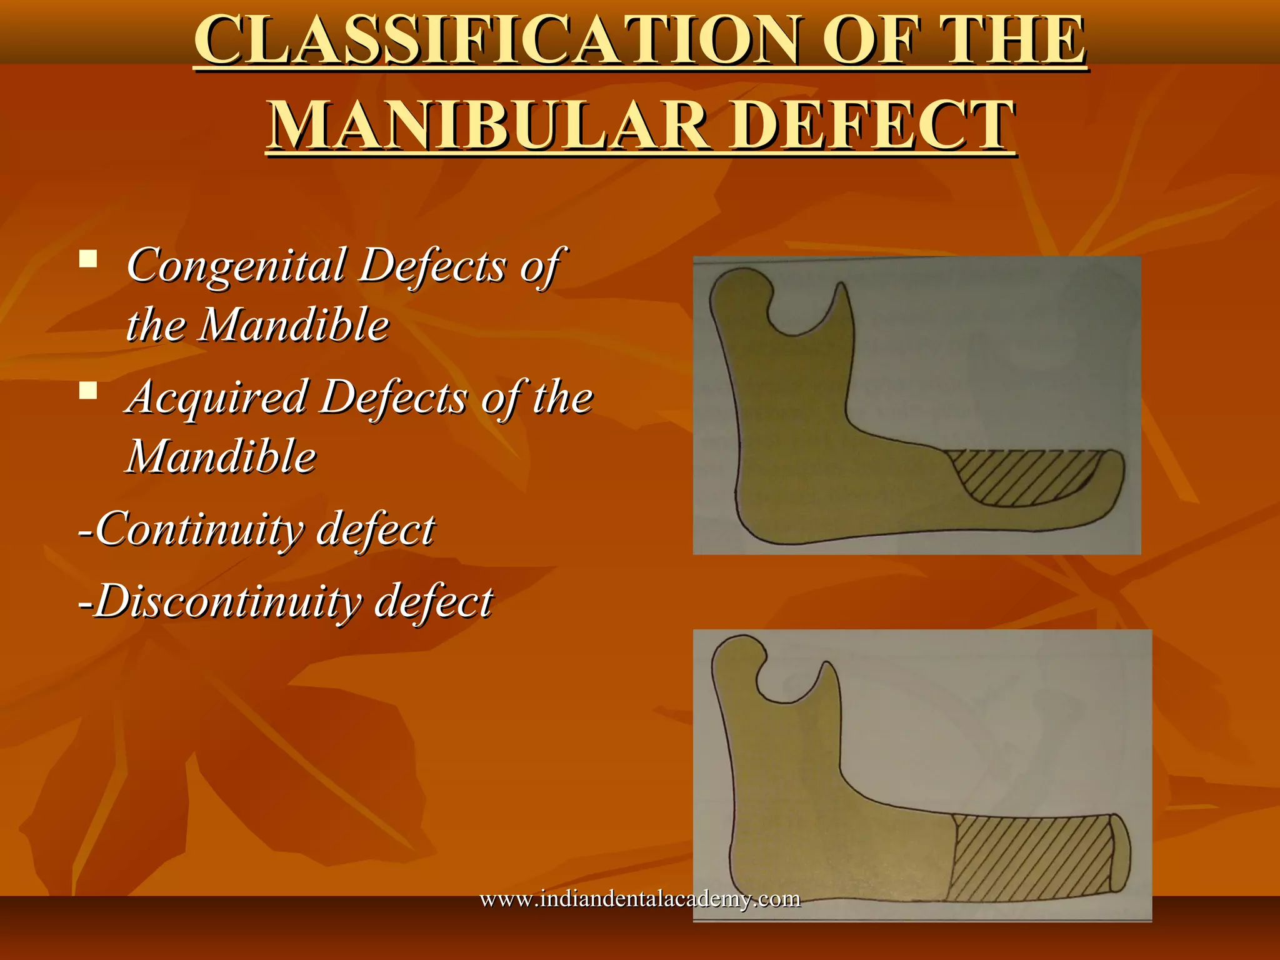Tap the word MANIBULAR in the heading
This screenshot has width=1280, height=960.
pos(487,125)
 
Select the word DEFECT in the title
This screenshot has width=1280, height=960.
pos(873,125)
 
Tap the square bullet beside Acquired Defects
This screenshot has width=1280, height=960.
pos(88,391)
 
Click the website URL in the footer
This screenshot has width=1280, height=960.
pos(640,899)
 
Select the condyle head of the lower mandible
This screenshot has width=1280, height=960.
pos(737,653)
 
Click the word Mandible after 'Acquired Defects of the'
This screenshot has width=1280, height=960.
pos(222,457)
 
